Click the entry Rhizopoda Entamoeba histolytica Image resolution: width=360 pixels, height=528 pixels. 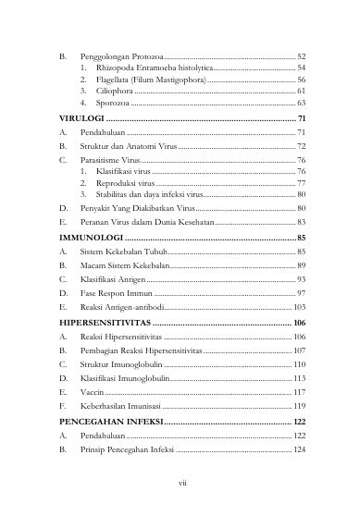pos(149,68)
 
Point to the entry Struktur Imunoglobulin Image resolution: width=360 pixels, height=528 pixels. pos(124,364)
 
